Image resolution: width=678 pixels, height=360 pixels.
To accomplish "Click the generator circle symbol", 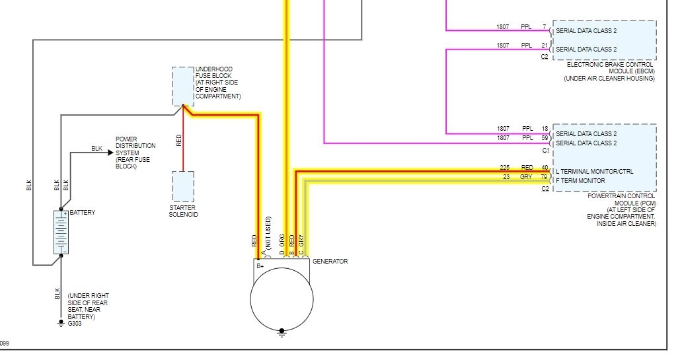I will pyautogui.click(x=282, y=299).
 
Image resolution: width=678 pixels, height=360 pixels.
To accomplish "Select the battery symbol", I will pyautogui.click(x=61, y=232).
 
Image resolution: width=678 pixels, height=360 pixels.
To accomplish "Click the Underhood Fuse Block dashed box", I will pyautogui.click(x=183, y=86).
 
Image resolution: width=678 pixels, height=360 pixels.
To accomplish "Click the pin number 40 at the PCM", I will pyautogui.click(x=545, y=168).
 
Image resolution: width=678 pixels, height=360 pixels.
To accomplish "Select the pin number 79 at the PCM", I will pyautogui.click(x=545, y=176).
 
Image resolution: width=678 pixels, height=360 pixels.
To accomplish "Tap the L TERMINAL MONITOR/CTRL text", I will pyautogui.click(x=595, y=171).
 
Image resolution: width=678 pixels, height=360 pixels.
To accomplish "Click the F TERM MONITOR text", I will pyautogui.click(x=581, y=180).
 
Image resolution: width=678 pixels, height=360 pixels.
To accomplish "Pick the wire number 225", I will pyautogui.click(x=505, y=168).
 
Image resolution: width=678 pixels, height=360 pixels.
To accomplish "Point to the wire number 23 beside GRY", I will pyautogui.click(x=506, y=176).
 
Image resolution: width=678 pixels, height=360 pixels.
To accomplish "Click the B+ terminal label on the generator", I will pyautogui.click(x=260, y=266).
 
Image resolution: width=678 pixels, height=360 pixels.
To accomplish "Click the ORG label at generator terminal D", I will pyautogui.click(x=282, y=240).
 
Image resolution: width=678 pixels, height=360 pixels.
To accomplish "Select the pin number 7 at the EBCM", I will pyautogui.click(x=545, y=27).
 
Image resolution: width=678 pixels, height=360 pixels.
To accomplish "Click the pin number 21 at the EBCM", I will pyautogui.click(x=545, y=46).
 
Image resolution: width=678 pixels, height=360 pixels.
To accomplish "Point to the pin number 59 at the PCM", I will pyautogui.click(x=545, y=138).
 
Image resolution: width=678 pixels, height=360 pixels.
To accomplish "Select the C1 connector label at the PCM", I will pyautogui.click(x=545, y=151).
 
